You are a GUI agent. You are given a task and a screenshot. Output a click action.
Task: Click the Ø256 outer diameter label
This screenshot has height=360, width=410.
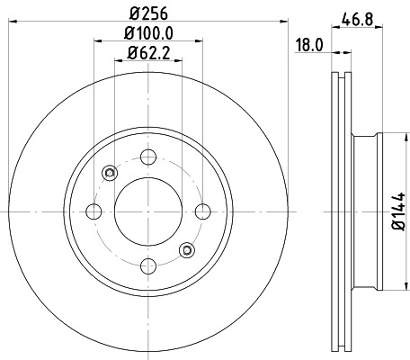click(147, 13)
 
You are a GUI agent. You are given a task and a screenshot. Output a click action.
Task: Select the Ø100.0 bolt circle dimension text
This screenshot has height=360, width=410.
click(147, 34)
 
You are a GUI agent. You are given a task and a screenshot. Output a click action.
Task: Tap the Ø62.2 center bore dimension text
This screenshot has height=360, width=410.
click(147, 54)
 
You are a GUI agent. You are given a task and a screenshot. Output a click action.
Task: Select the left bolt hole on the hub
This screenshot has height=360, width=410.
click(93, 211)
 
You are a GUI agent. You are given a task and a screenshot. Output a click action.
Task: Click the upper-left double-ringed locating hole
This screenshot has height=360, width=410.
click(109, 174)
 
